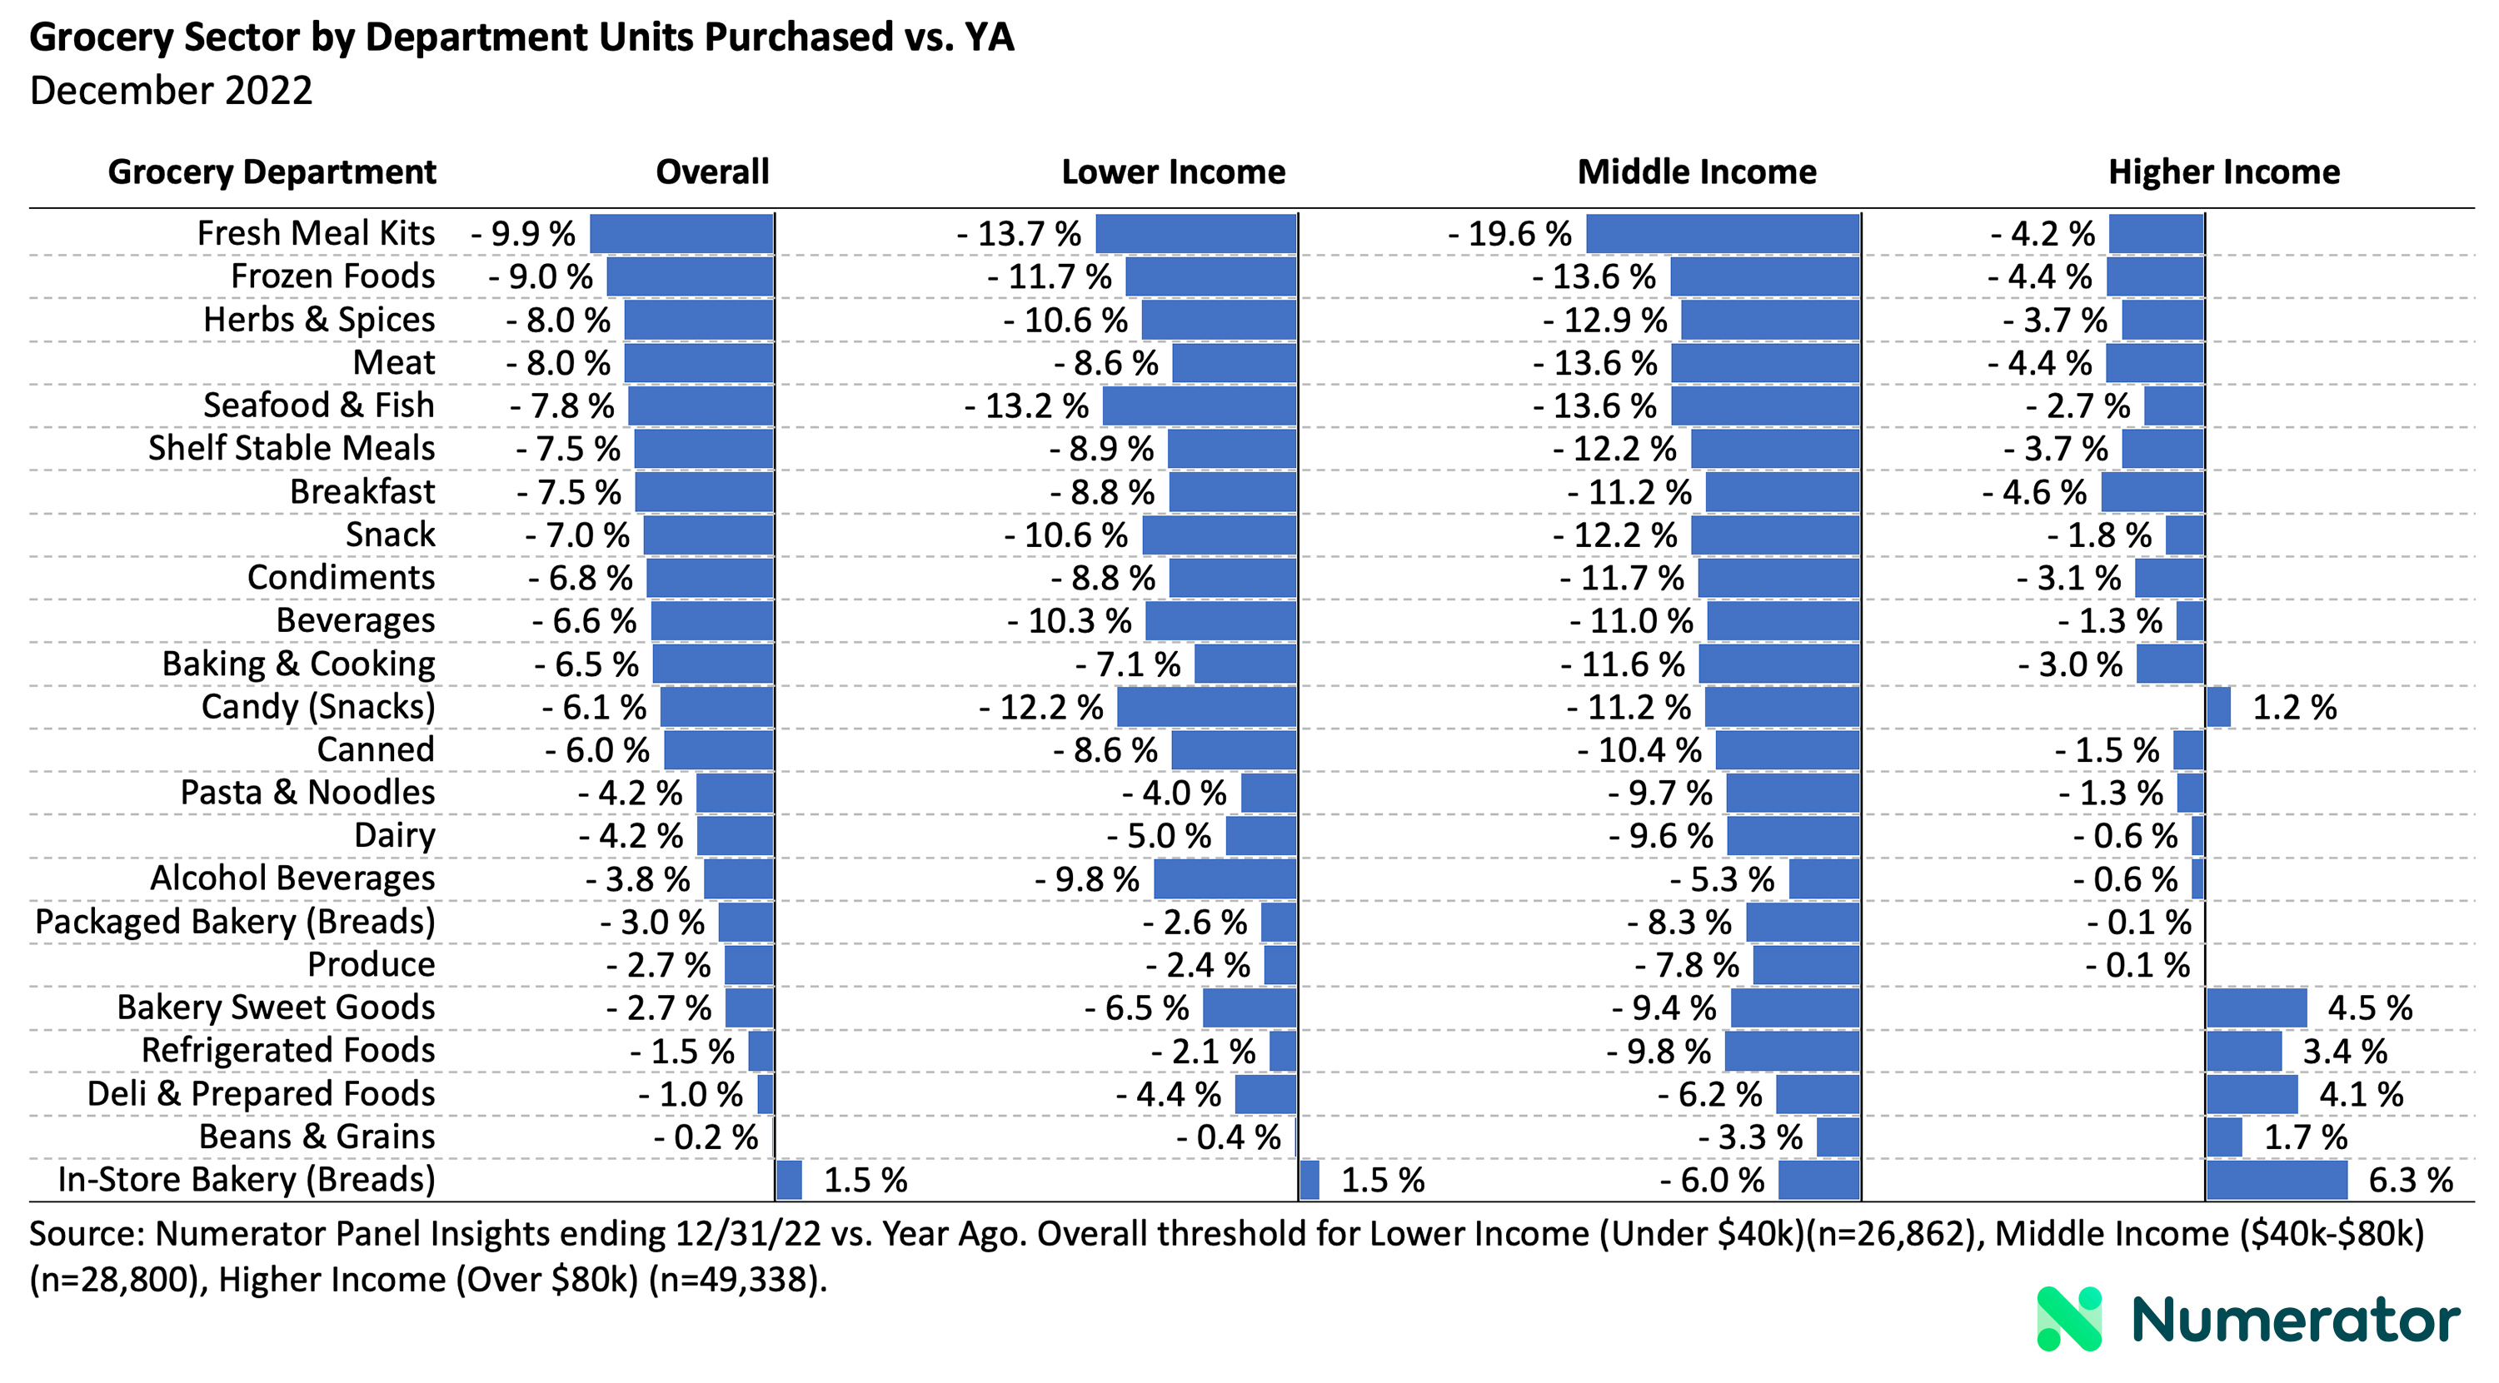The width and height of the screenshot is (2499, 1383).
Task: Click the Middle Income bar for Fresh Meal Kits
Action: click(1723, 234)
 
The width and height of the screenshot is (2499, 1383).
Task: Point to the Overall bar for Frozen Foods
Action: click(690, 276)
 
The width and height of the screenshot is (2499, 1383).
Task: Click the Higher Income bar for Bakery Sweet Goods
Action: click(2256, 1007)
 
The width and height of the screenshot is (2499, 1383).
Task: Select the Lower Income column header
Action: click(1173, 172)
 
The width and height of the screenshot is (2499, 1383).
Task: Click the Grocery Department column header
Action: click(272, 172)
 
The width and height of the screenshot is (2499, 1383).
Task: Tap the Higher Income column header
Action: click(2223, 172)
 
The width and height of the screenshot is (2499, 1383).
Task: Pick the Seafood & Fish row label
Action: click(318, 405)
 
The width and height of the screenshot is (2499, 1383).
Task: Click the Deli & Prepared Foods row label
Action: click(261, 1094)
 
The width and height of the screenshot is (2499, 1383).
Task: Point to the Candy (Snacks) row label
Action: click(317, 707)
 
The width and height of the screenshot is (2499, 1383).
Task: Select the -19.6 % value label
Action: click(1509, 234)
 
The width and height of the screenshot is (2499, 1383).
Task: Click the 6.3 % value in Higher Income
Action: click(2410, 1181)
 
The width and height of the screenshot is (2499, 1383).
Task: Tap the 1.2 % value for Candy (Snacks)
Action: click(2293, 707)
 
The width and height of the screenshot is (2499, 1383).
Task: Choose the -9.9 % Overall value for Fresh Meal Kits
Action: click(524, 234)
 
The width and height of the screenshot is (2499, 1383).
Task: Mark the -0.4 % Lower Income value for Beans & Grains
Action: click(1228, 1137)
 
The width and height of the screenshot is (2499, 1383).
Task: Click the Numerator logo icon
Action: click(2068, 1319)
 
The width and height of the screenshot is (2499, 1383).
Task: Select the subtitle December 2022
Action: click(171, 91)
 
